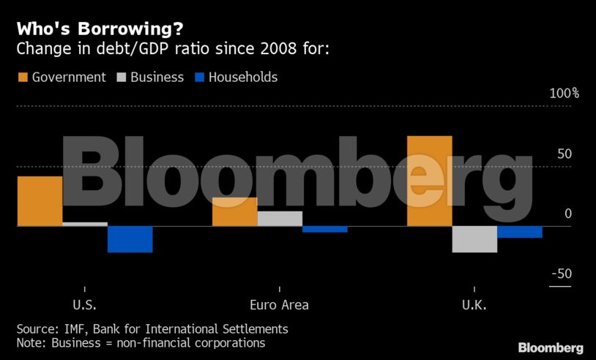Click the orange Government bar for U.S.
[40, 201]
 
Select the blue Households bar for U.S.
[130, 239]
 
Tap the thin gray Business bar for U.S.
[85, 224]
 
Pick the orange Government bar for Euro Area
[234, 211]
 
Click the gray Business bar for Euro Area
[280, 219]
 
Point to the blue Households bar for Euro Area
[324, 229]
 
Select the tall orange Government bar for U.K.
[429, 181]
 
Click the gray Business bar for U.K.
[474, 239]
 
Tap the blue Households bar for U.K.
[519, 232]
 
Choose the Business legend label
[157, 78]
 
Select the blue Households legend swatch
[198, 78]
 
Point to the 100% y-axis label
[564, 94]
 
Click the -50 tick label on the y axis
[561, 274]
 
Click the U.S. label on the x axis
[84, 305]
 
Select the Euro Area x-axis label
[279, 305]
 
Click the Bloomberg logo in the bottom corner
[550, 348]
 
